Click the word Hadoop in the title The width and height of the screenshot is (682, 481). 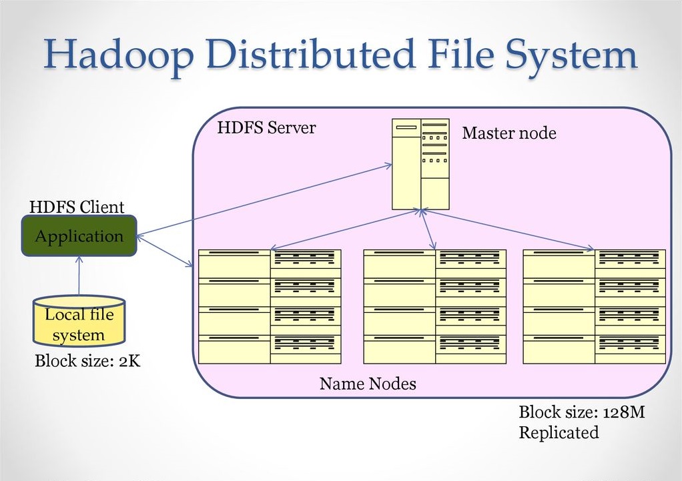114,56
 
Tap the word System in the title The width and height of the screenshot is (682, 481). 570,56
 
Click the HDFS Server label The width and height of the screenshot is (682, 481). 266,127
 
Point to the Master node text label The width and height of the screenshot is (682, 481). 508,133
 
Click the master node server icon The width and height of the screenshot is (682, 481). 420,164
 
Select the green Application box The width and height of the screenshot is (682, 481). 79,236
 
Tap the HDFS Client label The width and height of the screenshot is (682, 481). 77,207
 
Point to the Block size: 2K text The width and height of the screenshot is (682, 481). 87,362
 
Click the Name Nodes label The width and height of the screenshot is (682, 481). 368,384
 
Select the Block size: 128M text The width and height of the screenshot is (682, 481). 581,412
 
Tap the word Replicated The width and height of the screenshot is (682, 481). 559,432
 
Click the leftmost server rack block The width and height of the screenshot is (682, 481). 270,306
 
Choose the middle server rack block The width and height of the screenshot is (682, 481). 434,306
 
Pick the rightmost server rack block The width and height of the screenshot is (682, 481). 594,306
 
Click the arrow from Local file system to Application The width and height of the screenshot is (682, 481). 79,277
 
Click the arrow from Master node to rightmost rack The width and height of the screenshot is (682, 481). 507,229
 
